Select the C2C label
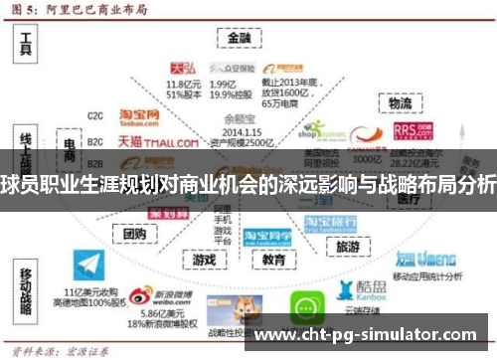(95, 115)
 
